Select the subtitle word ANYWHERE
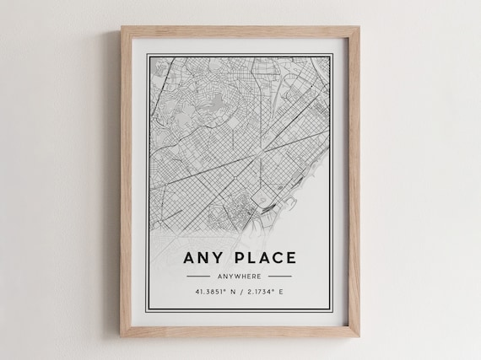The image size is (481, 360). pyautogui.click(x=239, y=276)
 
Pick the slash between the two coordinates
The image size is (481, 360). pyautogui.click(x=239, y=293)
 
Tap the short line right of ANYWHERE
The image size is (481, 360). pyautogui.click(x=279, y=276)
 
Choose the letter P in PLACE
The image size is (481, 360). pyautogui.click(x=235, y=257)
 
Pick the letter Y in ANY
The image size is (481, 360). pyautogui.click(x=215, y=257)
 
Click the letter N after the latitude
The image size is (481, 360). pyautogui.click(x=230, y=293)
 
